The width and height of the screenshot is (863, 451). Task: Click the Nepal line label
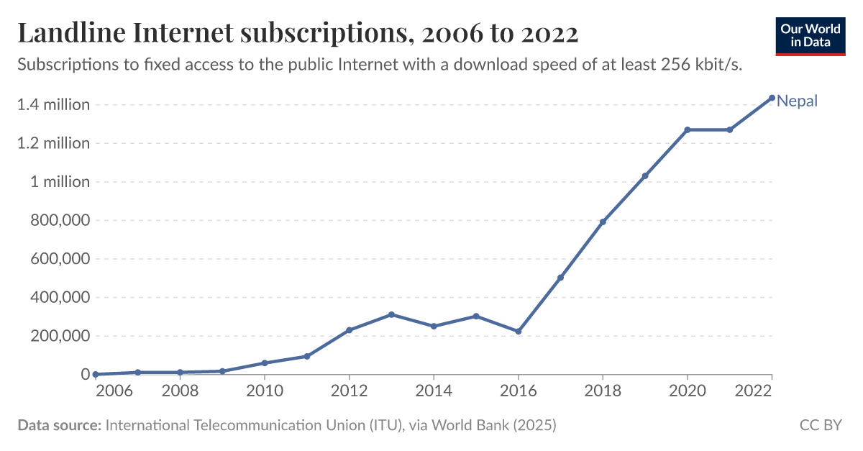[x=798, y=101]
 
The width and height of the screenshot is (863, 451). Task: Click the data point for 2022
[x=772, y=98]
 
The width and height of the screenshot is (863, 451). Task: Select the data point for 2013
[x=391, y=314]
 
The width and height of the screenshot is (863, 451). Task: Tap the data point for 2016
[x=518, y=332]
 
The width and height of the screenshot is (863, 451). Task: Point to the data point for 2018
[x=603, y=222]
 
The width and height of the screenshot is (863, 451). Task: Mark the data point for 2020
[x=687, y=129]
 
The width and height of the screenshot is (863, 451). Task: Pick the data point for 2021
[x=729, y=129]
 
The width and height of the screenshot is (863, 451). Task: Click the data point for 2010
[x=264, y=363]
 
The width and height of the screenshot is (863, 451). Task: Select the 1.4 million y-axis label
[x=54, y=105]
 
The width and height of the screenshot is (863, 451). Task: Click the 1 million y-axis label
[x=60, y=182]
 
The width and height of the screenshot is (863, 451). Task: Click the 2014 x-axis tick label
[x=433, y=392]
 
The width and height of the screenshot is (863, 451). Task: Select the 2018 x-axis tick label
[x=603, y=392]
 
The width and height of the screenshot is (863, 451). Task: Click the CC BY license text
[x=821, y=425]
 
